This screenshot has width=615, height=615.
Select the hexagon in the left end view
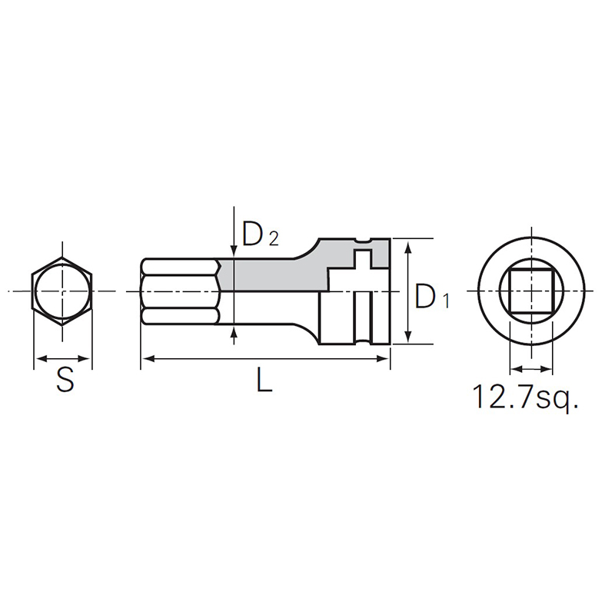(x=61, y=291)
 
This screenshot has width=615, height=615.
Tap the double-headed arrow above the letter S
(x=62, y=358)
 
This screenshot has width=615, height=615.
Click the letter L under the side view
(x=264, y=382)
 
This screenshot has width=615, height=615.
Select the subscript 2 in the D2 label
(x=273, y=239)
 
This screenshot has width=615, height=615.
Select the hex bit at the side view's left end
(x=181, y=291)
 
